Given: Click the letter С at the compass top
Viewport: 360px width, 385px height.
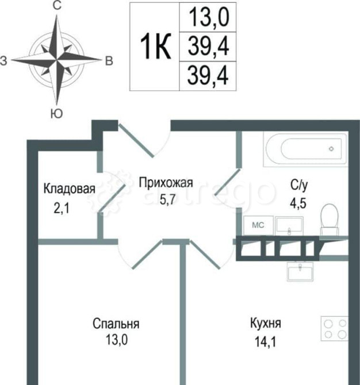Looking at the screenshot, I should (57, 6).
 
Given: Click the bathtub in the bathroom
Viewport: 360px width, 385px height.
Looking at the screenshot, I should (306, 149).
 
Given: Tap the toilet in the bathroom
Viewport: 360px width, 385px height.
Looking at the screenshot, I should (330, 219).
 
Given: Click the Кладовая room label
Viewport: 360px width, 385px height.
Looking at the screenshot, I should (70, 188).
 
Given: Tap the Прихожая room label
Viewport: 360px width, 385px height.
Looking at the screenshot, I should (166, 184).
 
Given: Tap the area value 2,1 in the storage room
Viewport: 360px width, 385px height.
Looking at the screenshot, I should (61, 209).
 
